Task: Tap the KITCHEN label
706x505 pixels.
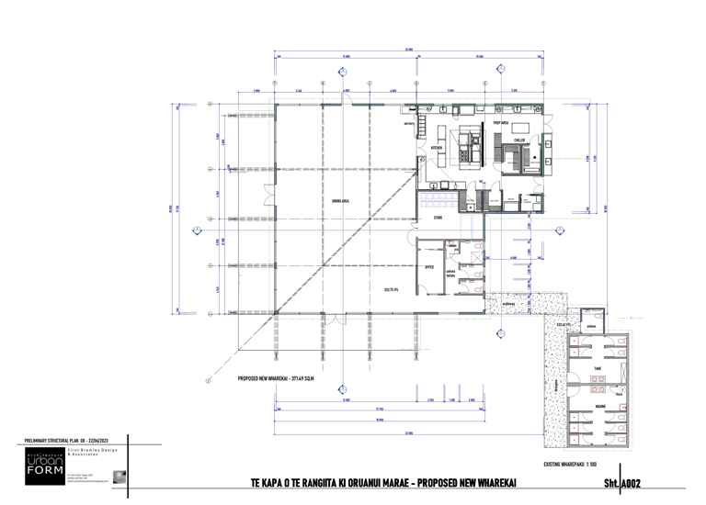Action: pyautogui.click(x=438, y=147)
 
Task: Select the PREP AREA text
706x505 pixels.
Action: pyautogui.click(x=501, y=122)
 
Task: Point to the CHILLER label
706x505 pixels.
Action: pyautogui.click(x=519, y=140)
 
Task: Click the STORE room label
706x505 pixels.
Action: pyautogui.click(x=438, y=218)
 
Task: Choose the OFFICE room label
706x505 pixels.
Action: pyautogui.click(x=428, y=267)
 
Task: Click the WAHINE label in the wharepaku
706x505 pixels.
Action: pyautogui.click(x=598, y=405)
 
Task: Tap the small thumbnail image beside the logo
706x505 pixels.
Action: pyautogui.click(x=118, y=476)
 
